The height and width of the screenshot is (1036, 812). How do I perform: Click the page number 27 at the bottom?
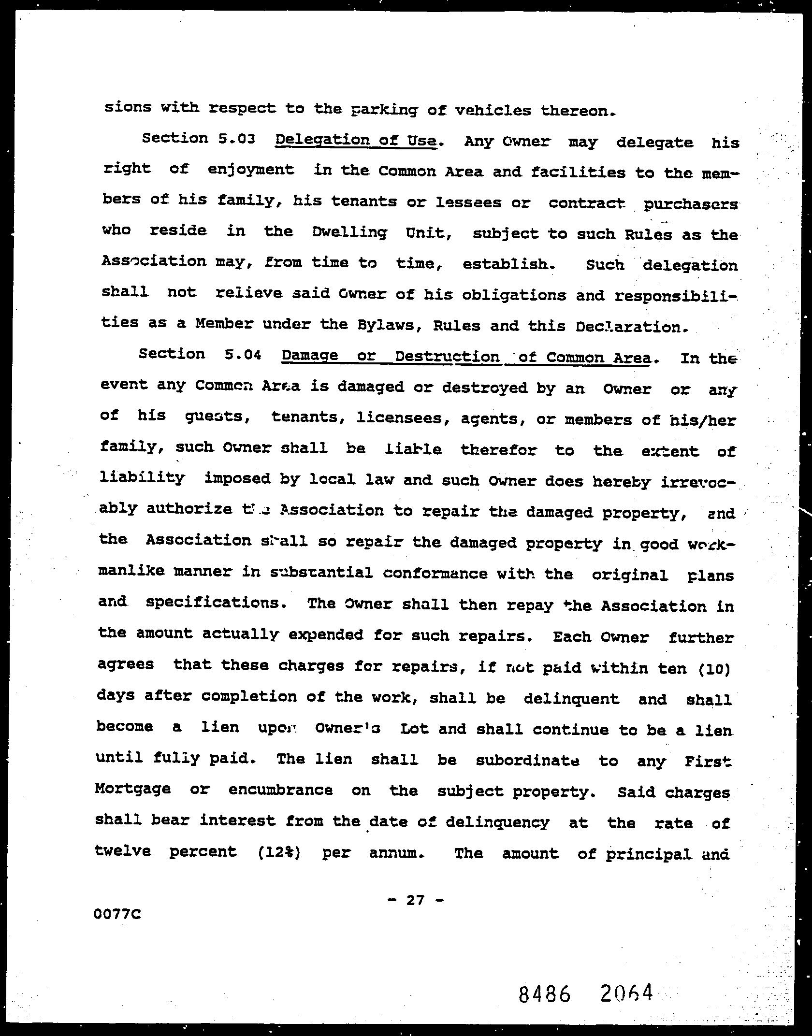(415, 900)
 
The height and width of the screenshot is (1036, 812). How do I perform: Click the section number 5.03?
(236, 139)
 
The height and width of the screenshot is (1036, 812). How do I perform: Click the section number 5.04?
(243, 355)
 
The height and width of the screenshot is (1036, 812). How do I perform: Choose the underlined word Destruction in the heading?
(447, 357)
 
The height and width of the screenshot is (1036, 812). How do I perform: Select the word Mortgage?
(133, 789)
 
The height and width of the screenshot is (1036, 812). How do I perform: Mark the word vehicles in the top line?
(493, 111)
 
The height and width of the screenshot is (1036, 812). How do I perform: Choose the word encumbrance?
(280, 790)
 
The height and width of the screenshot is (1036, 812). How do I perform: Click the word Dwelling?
(349, 232)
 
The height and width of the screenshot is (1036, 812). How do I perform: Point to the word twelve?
(123, 850)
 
